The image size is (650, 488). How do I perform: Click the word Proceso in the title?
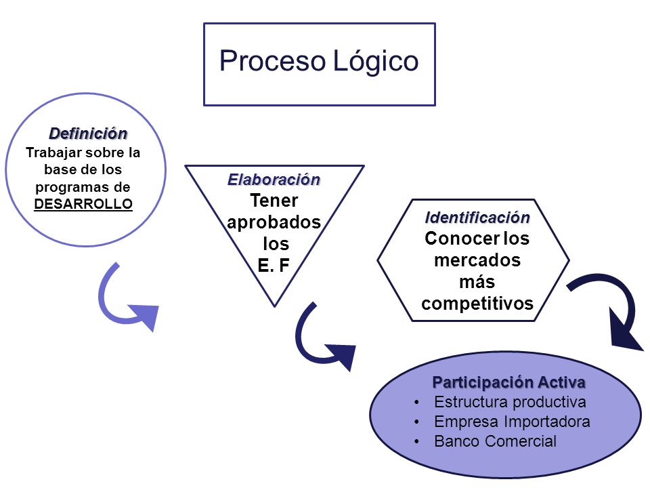tap(272, 61)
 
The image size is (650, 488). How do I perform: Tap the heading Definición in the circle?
tap(88, 134)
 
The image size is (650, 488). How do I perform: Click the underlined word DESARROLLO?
tap(83, 204)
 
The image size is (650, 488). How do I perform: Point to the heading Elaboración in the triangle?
tap(274, 179)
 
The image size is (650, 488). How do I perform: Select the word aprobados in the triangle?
tap(274, 222)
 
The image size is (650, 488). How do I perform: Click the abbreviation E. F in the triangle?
tap(273, 265)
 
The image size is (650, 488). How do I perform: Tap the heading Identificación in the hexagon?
tap(477, 218)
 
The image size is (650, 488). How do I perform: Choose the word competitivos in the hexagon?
tap(477, 304)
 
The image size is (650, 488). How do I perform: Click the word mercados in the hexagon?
tap(477, 260)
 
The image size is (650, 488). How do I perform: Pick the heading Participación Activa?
tap(508, 382)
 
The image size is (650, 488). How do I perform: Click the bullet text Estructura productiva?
tap(510, 402)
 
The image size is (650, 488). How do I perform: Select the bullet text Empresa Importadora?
tap(512, 422)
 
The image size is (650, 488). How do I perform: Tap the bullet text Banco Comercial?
tap(495, 441)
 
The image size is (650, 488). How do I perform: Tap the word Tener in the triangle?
tap(274, 201)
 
